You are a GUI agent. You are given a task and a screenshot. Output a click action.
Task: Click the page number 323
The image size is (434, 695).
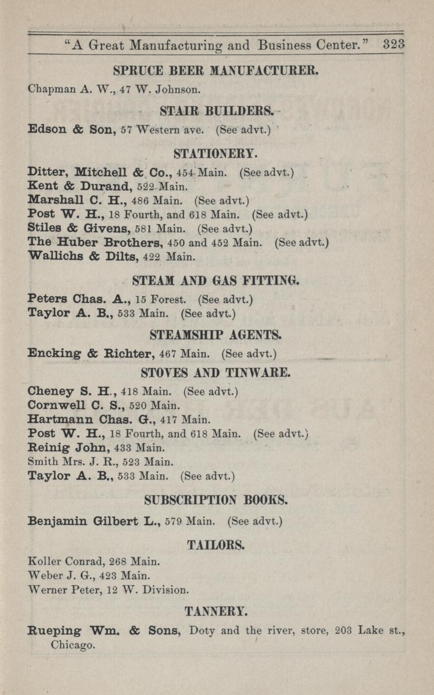(x=394, y=44)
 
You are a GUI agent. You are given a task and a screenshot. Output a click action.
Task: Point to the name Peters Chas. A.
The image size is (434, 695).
(x=80, y=299)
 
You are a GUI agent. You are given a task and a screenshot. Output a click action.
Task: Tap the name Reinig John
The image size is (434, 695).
(x=68, y=447)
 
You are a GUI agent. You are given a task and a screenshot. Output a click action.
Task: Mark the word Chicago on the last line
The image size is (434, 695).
(x=73, y=645)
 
